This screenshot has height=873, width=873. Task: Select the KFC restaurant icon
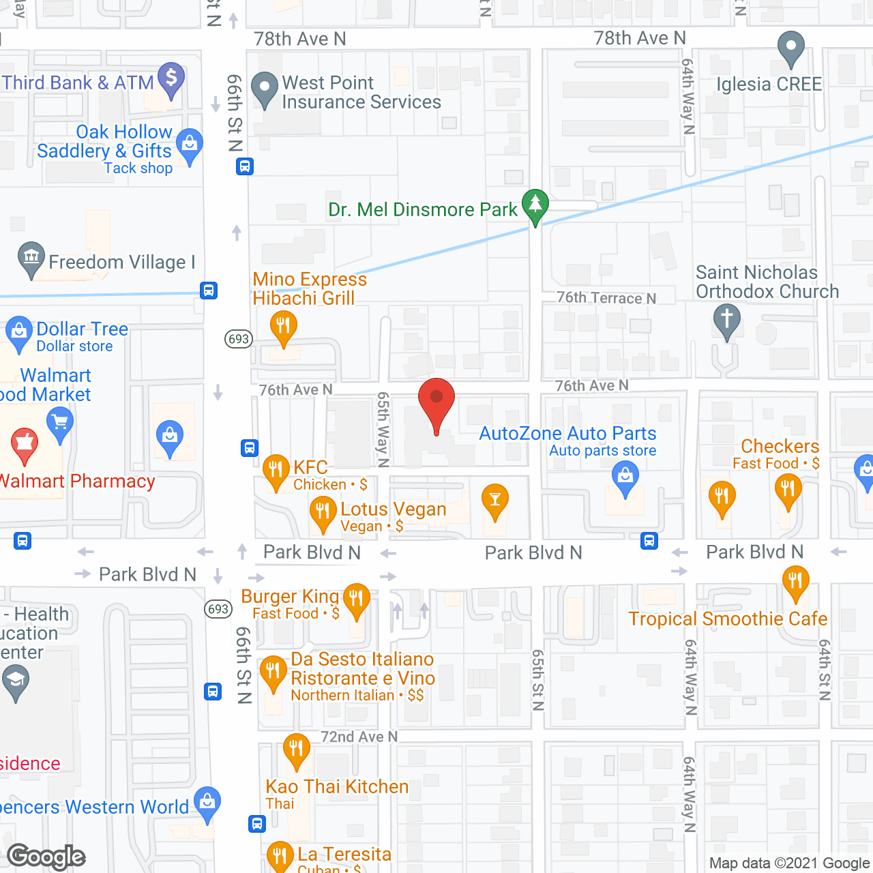[x=276, y=470]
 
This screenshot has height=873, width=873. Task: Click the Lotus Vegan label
[x=393, y=509]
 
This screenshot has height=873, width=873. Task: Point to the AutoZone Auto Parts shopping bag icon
[x=625, y=477]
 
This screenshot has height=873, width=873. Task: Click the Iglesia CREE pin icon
[x=791, y=48]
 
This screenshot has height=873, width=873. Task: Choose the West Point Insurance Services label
[x=361, y=93]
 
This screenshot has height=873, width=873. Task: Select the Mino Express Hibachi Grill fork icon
[x=283, y=326]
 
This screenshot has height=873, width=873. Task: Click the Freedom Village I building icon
[x=31, y=258]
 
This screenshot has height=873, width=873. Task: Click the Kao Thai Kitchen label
[x=337, y=787]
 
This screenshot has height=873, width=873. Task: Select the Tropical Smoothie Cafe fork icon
[x=795, y=582]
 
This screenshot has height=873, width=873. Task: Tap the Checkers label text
[x=780, y=447]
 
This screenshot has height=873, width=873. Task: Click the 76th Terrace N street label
[x=606, y=298]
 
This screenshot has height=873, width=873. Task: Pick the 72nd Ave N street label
[x=359, y=737]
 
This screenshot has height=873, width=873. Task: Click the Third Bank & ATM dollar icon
[x=171, y=77]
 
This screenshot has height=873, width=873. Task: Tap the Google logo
[x=46, y=857]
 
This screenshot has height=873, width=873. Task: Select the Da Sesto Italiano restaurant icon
[x=273, y=672]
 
